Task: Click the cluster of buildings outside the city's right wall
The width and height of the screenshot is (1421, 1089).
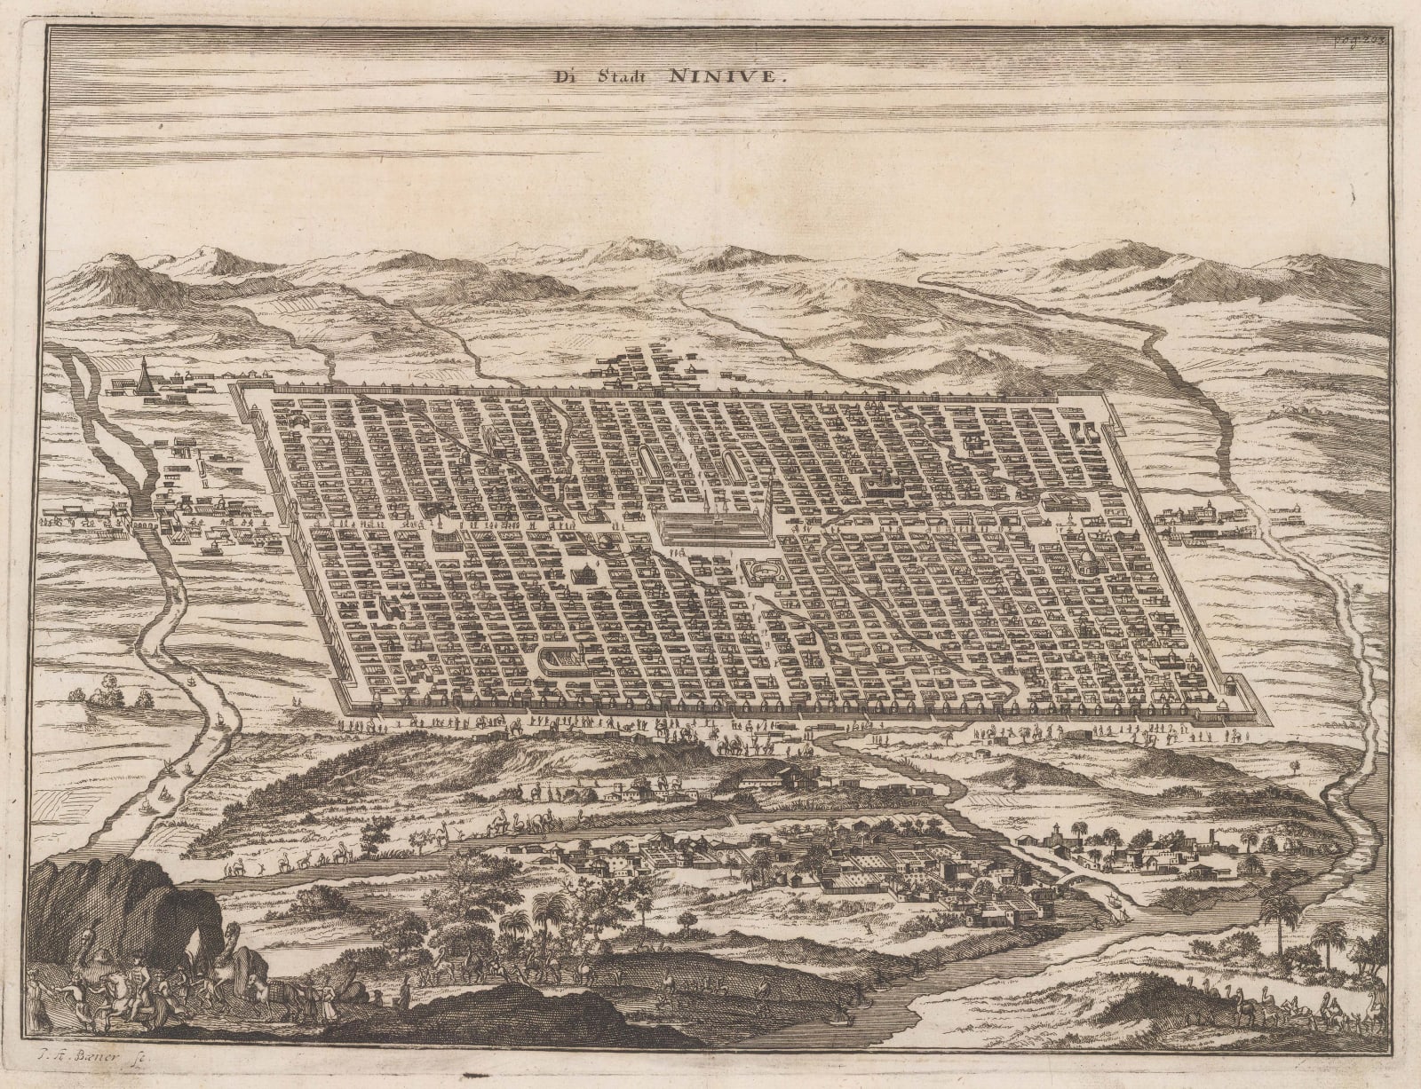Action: point(1199,524)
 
